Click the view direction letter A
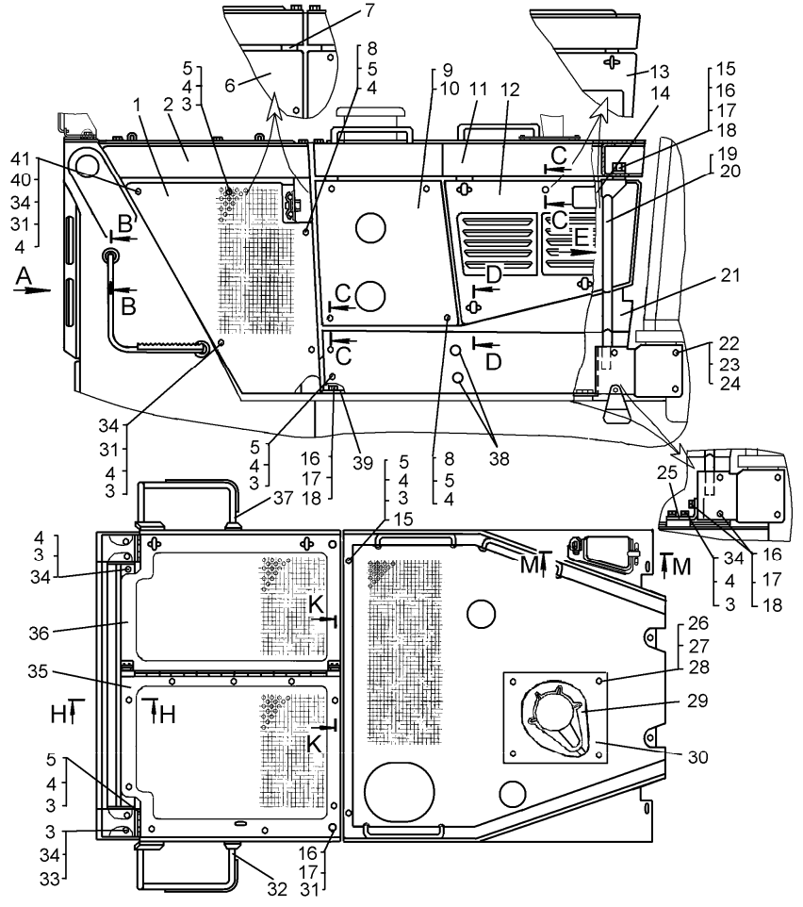pyautogui.click(x=24, y=273)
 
